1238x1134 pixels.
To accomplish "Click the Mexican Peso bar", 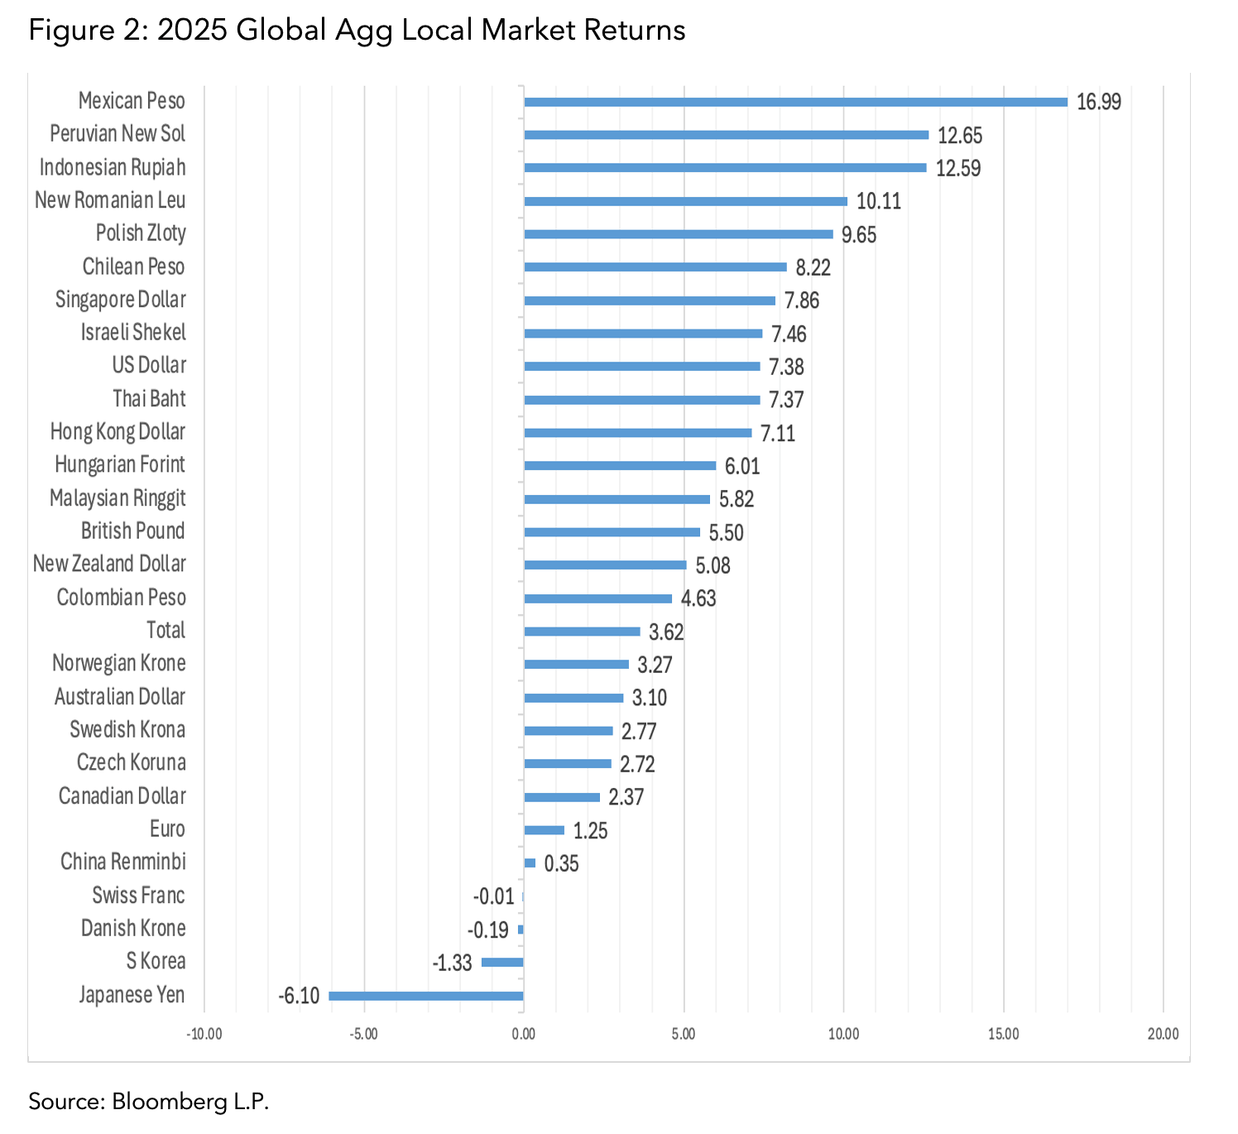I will (794, 102).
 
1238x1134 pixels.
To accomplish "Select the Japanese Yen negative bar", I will (425, 996).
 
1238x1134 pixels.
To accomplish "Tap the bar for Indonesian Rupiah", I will (725, 168).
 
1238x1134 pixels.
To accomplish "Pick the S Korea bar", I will (502, 962).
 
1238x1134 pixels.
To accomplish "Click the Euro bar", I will (544, 830).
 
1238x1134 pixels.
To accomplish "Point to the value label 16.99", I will (1098, 102).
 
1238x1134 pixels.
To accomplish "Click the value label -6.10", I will (299, 996).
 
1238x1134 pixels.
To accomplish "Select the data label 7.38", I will (785, 367).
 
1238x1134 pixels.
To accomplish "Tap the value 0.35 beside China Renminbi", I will (561, 863).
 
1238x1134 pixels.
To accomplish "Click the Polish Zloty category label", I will (141, 233).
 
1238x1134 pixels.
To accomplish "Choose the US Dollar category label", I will (149, 366).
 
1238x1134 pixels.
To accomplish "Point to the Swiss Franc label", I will (138, 896).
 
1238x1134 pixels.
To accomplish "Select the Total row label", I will (166, 631).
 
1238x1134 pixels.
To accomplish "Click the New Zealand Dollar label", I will (109, 565).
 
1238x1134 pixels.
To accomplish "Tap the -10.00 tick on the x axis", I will (204, 1034).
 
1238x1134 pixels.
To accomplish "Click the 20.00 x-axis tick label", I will (1163, 1034).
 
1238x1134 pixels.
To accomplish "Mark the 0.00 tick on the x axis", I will (523, 1034).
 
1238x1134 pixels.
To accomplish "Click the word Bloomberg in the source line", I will (164, 1102).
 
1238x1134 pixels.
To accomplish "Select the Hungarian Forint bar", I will (620, 466).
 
